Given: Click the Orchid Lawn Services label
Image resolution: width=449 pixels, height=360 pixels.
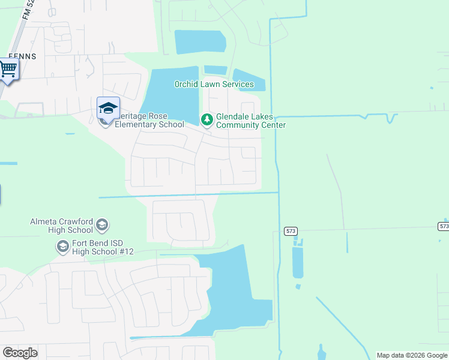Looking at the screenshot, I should pos(214,85).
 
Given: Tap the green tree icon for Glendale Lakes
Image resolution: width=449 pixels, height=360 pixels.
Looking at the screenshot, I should pos(207,120).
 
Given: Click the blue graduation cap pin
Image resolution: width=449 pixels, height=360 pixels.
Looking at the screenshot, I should pos(108,108).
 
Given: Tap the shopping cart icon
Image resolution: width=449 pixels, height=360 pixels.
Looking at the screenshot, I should pos(8,70).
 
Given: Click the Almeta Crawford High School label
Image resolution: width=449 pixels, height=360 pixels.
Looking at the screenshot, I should pos(61,226).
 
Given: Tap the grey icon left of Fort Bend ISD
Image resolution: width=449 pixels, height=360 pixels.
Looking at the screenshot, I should pos(62,247).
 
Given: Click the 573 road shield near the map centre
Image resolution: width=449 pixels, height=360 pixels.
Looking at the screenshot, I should pos(291,231).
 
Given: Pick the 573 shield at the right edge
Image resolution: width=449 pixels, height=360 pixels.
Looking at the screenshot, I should pos(443,226).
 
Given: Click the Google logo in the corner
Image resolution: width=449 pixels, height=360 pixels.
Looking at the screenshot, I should pos(20,353).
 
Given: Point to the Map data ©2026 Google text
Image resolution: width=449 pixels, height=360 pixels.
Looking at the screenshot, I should pos(412,355).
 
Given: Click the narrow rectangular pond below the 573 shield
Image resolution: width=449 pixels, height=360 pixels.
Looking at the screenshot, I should pos(298,263).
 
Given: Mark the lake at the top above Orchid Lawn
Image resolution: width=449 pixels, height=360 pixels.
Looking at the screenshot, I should pos(200,41).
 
